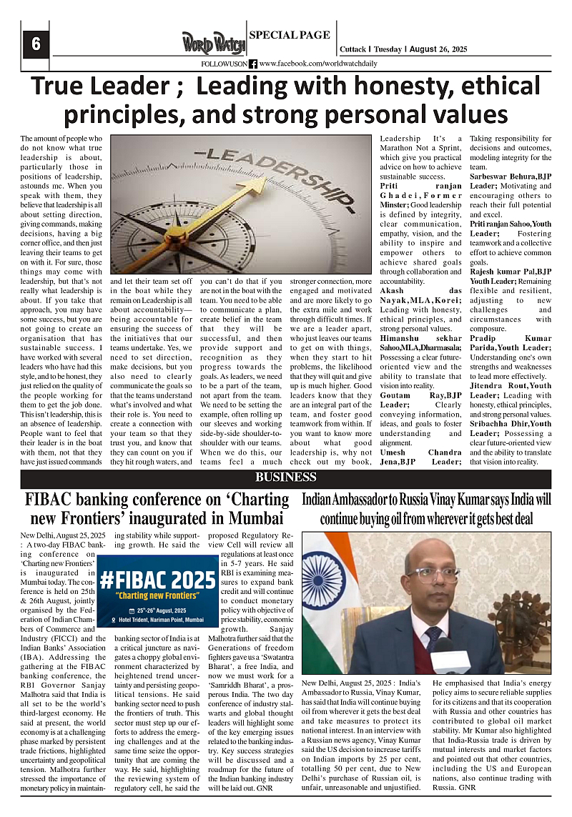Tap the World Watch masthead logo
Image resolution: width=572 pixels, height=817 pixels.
pyautogui.click(x=213, y=44)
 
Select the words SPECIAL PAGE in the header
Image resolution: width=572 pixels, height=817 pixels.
pyautogui.click(x=289, y=34)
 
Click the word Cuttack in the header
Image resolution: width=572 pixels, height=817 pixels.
pyautogui.click(x=352, y=49)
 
